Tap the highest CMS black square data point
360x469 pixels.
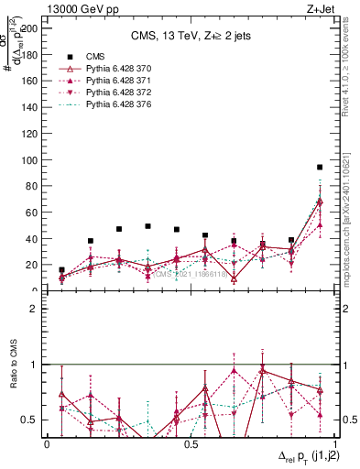tap(320, 168)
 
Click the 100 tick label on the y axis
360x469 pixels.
tap(32, 160)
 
